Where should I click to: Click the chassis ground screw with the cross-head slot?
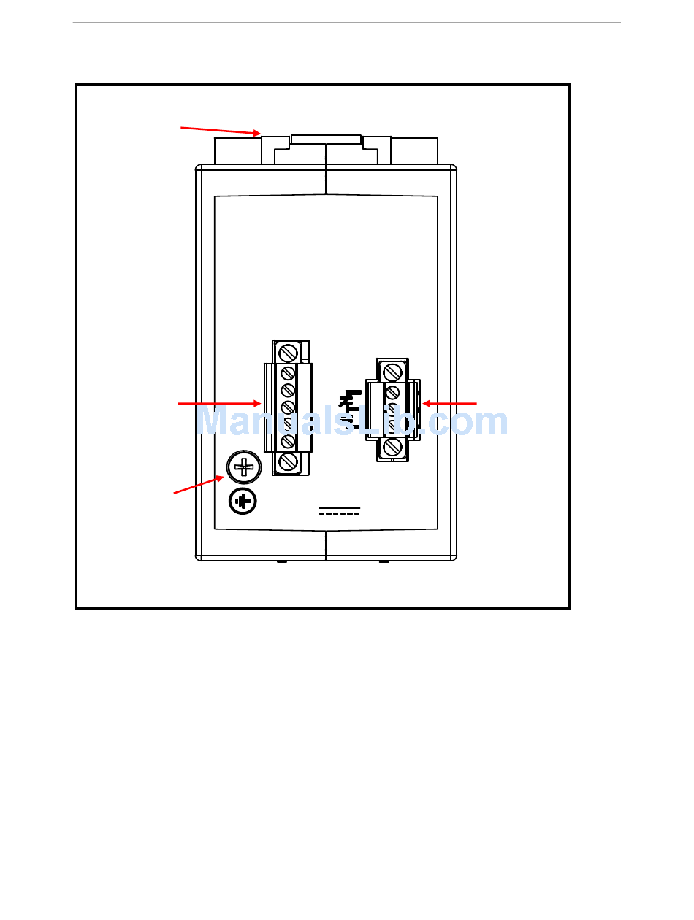(243, 467)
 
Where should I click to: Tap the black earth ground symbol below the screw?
(243, 502)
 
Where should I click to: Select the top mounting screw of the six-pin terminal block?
(288, 352)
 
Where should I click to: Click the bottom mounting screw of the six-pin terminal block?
(288, 461)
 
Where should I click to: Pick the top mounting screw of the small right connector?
(392, 372)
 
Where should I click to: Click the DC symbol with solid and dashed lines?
(340, 510)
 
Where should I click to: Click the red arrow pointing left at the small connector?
(449, 402)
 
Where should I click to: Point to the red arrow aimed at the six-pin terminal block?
(219, 402)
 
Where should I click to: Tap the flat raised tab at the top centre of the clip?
(326, 138)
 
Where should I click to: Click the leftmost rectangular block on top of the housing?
(237, 150)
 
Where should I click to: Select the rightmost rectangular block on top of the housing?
(414, 150)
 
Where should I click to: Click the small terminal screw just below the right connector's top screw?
(392, 392)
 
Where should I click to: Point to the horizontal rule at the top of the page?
(347, 23)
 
